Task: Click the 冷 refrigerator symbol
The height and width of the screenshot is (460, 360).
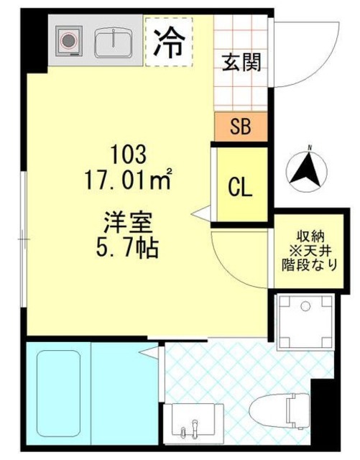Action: (x=168, y=43)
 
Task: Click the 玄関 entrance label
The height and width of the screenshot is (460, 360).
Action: (x=241, y=61)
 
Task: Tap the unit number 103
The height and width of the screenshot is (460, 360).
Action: (x=129, y=154)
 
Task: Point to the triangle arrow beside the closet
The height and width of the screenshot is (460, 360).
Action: (x=203, y=213)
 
